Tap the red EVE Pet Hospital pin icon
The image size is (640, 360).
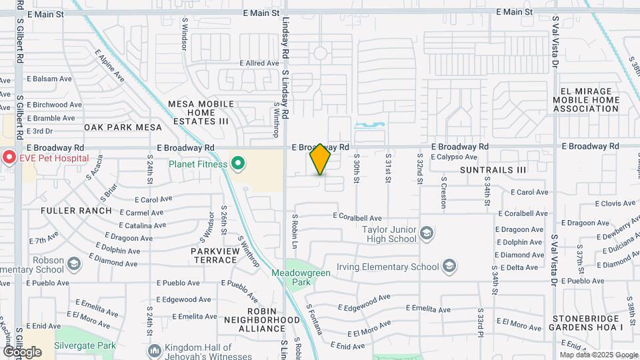click(x=9, y=158)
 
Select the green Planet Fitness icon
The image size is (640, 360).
click(x=238, y=164)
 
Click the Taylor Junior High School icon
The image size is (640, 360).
click(x=427, y=233)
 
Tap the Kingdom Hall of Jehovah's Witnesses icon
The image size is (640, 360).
click(x=155, y=351)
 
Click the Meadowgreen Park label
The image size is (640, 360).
click(x=292, y=277)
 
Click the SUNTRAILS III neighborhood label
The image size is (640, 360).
click(x=493, y=170)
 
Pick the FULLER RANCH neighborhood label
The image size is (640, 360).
click(x=76, y=211)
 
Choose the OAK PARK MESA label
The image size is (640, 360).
click(x=123, y=127)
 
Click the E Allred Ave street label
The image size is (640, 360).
click(x=259, y=63)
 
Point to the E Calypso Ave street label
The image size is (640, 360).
click(x=457, y=157)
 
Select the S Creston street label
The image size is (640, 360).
click(x=443, y=193)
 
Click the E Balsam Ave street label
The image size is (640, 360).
click(x=49, y=79)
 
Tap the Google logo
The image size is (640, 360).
click(x=22, y=351)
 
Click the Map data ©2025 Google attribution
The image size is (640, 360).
click(x=598, y=355)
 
